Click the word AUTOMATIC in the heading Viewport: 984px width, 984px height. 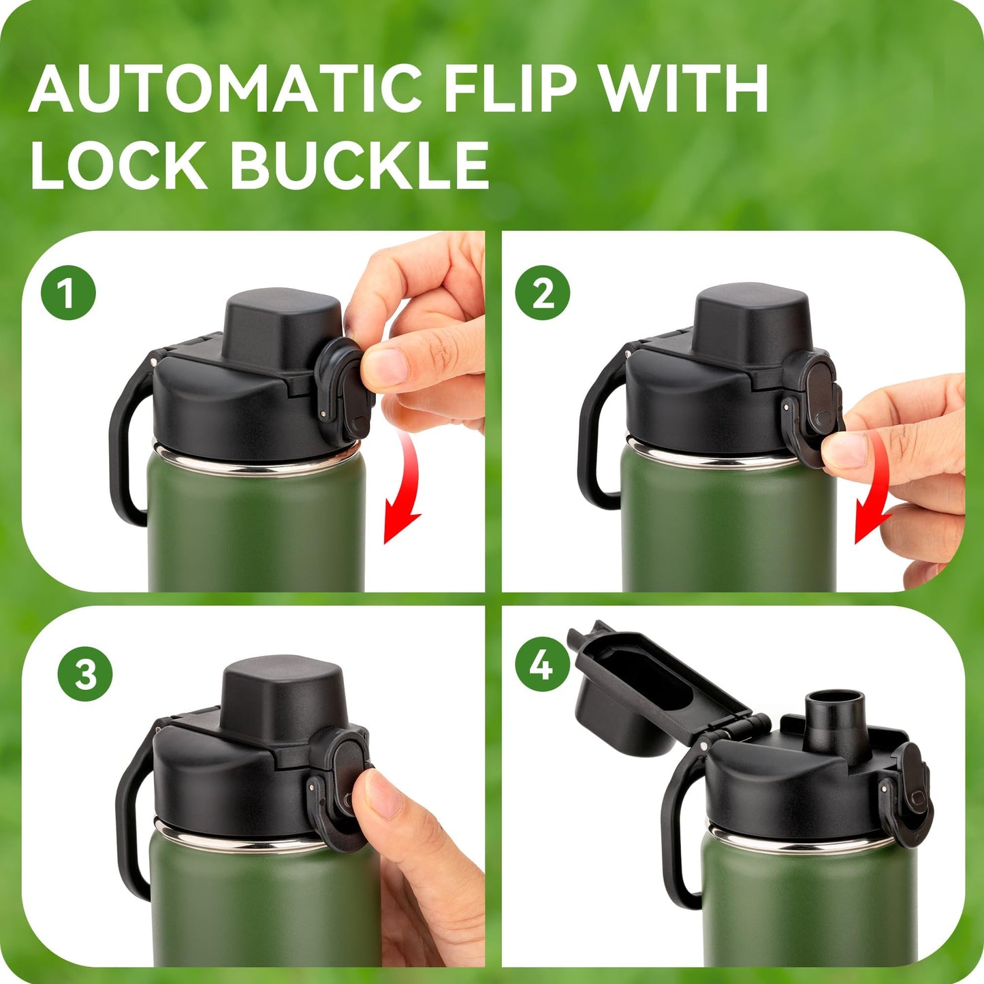pyautogui.click(x=225, y=89)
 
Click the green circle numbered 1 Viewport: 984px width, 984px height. pyautogui.click(x=68, y=294)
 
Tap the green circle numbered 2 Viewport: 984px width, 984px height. pyautogui.click(x=542, y=294)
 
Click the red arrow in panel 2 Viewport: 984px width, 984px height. pyautogui.click(x=875, y=490)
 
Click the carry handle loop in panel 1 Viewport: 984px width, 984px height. pyautogui.click(x=126, y=443)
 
